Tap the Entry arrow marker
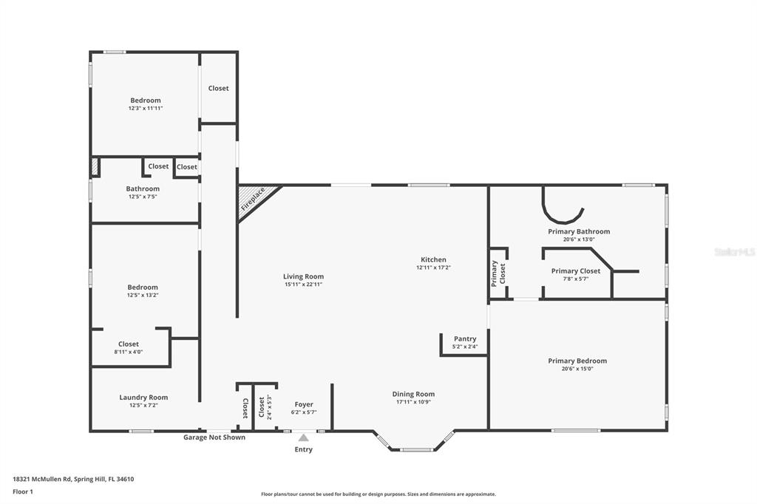tap(303, 438)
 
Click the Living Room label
tap(303, 276)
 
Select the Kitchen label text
tap(433, 259)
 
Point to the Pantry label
tap(465, 338)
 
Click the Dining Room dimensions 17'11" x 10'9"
tap(413, 402)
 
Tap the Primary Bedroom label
tap(577, 361)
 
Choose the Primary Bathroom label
tap(579, 231)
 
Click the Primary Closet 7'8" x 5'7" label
tap(576, 274)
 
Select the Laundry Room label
tap(143, 397)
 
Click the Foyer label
tap(304, 404)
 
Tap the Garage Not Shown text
tap(214, 437)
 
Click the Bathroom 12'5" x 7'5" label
tap(143, 192)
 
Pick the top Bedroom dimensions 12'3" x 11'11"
tap(145, 108)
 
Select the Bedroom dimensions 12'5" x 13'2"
tap(143, 295)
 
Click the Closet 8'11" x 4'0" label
tap(129, 347)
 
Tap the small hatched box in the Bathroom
tap(95, 167)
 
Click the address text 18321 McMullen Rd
tap(73, 479)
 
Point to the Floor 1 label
tap(23, 491)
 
